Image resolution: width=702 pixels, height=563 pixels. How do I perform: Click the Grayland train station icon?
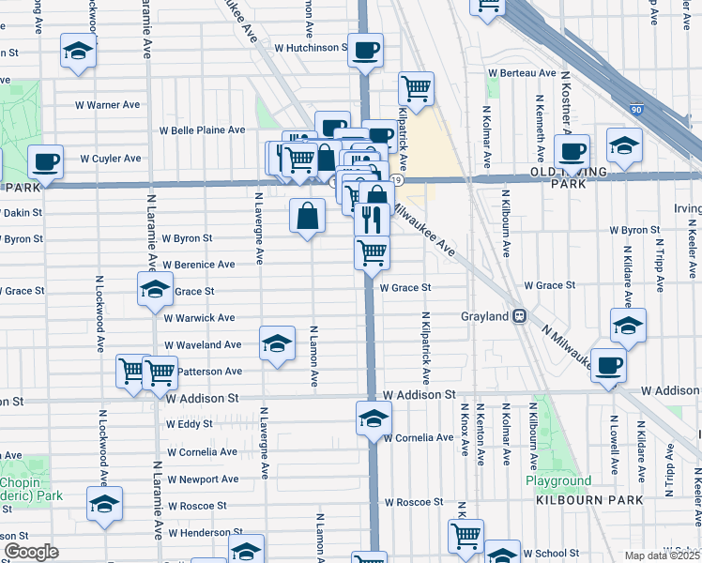(518, 317)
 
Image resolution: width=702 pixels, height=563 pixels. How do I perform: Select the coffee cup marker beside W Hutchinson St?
(365, 50)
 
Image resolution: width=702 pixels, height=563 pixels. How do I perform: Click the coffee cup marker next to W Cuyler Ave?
(45, 162)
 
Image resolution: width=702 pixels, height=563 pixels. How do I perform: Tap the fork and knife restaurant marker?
(372, 220)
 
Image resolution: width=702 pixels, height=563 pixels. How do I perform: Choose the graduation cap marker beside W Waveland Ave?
(277, 344)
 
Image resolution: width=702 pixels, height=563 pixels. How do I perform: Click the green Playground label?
(558, 481)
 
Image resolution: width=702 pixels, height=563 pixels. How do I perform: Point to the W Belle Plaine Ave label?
(202, 130)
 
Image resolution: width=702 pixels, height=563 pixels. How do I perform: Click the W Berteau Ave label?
(520, 73)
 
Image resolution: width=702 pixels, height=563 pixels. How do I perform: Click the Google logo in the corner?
(31, 552)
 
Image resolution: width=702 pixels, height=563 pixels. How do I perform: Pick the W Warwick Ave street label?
(200, 318)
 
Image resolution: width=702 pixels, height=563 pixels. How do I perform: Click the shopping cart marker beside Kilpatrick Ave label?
(416, 90)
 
